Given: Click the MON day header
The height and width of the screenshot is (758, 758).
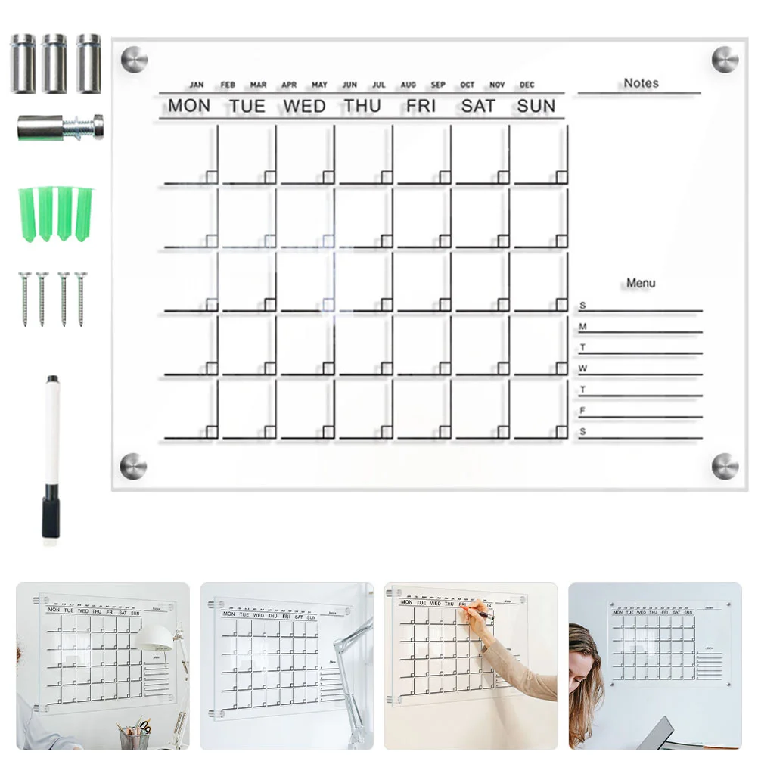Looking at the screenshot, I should coord(189,106).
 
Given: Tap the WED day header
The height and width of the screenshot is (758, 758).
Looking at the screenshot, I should coord(304,106).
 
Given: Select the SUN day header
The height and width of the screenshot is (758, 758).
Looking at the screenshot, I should coord(536,106).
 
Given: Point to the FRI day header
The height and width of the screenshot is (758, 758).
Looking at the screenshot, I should coord(421,106).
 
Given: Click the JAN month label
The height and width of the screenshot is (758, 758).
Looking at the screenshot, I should coord(197,85).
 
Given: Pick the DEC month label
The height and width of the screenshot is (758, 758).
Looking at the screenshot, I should coord(527,85).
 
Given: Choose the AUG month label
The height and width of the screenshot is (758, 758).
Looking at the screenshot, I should coord(409,85).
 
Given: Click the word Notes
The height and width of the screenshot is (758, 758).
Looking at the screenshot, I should coord(641,83).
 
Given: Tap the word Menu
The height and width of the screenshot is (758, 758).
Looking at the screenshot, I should coord(641,283).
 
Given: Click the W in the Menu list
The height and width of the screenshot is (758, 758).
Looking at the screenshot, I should coord(582,369).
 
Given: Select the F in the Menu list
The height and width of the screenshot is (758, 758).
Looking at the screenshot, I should coord(582,411).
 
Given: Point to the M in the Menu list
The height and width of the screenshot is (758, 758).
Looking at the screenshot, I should coord(582,327).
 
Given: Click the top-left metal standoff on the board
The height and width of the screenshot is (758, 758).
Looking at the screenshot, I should coord(134,59).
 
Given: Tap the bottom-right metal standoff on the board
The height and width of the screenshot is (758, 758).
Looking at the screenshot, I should coord(725,466).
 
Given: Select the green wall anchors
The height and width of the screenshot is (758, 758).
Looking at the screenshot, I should coord(55,213).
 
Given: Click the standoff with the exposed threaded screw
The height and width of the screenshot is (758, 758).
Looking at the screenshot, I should coord(61,127).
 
